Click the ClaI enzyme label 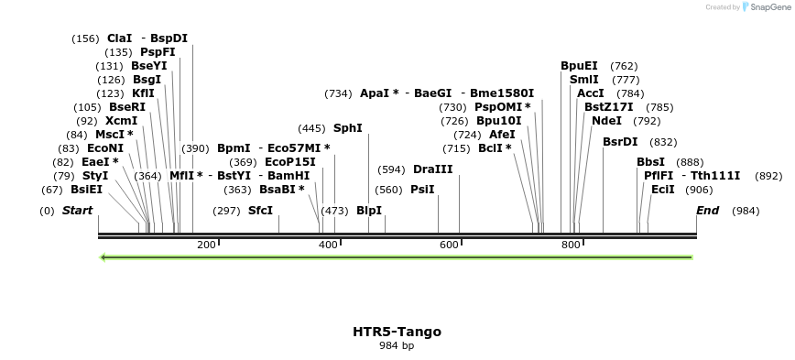(120, 38)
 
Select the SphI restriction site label (348, 128)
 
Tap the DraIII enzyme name (433, 169)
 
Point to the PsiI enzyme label (422, 190)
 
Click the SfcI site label (261, 211)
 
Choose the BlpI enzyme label (369, 211)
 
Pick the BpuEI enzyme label (579, 66)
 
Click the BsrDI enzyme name (620, 142)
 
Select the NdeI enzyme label (606, 121)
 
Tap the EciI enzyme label (663, 190)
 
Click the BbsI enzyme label (651, 162)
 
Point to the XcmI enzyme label (122, 121)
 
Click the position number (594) (391, 169)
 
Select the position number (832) (663, 142)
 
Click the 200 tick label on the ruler (206, 245)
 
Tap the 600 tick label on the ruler (449, 245)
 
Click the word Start (78, 211)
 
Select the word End (708, 211)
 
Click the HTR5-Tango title (397, 332)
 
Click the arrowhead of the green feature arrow (103, 257)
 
